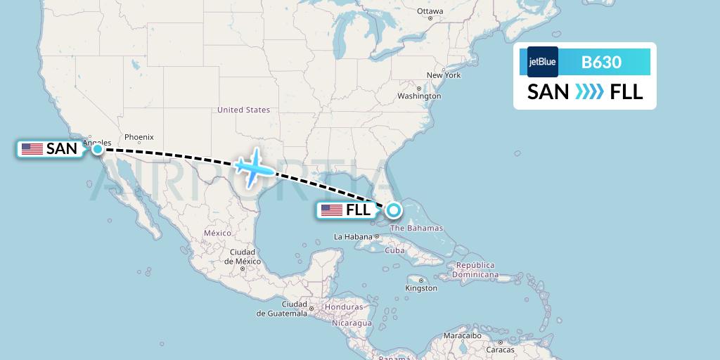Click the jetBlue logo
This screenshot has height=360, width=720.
542,62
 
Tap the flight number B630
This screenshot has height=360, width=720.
601,62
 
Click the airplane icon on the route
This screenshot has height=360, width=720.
253,168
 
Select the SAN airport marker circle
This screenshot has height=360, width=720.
98,149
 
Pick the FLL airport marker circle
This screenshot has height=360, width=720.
393,210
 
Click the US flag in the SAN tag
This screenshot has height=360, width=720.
32,149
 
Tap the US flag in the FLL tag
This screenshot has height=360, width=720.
331,210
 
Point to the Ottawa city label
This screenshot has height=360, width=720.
430,11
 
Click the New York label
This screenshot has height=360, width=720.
443,75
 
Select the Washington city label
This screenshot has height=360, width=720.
419,96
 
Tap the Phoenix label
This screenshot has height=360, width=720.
139,137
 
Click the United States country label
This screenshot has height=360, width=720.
243,110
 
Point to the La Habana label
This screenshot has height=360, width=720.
352,236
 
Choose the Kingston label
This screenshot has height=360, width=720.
421,288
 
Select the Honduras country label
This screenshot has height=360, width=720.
343,307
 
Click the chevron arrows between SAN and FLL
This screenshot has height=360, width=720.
589,92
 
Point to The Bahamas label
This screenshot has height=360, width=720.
416,228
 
